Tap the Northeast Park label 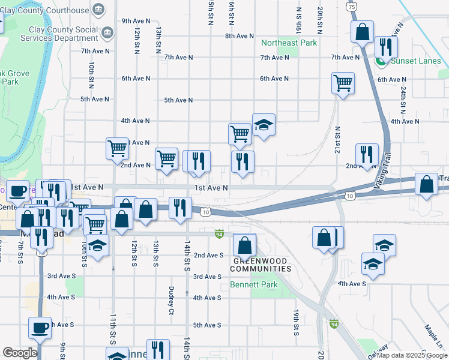pyautogui.click(x=288, y=43)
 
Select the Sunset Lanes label pyautogui.click(x=415, y=61)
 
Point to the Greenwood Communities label pyautogui.click(x=262, y=265)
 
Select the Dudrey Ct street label pyautogui.click(x=171, y=300)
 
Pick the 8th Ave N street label pyautogui.click(x=240, y=36)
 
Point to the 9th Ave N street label pyautogui.click(x=136, y=20)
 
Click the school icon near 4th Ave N pyautogui.click(x=264, y=125)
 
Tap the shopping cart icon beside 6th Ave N pyautogui.click(x=343, y=83)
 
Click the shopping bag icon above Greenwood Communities pyautogui.click(x=244, y=245)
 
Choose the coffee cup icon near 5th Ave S pyautogui.click(x=40, y=328)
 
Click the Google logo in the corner pyautogui.click(x=20, y=353)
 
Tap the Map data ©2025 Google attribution pyautogui.click(x=411, y=355)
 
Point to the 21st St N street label pyautogui.click(x=337, y=137)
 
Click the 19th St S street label pyautogui.click(x=297, y=322)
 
